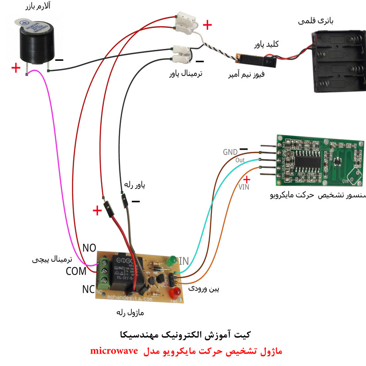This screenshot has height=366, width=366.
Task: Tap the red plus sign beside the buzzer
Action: pos(16,68)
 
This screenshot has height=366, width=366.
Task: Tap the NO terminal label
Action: pos(89,248)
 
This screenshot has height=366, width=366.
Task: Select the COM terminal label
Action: pos(76,271)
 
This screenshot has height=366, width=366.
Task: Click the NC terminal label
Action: pos(89,289)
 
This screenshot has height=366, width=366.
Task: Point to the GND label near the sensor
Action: pos(230,151)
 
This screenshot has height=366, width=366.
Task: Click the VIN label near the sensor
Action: pos(244,187)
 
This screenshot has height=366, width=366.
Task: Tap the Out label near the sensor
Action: pos(240,161)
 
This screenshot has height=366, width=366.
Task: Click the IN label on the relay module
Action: pos(183,261)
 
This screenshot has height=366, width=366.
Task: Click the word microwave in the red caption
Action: pos(117,351)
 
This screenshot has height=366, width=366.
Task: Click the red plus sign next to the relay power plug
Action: pos(97,210)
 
